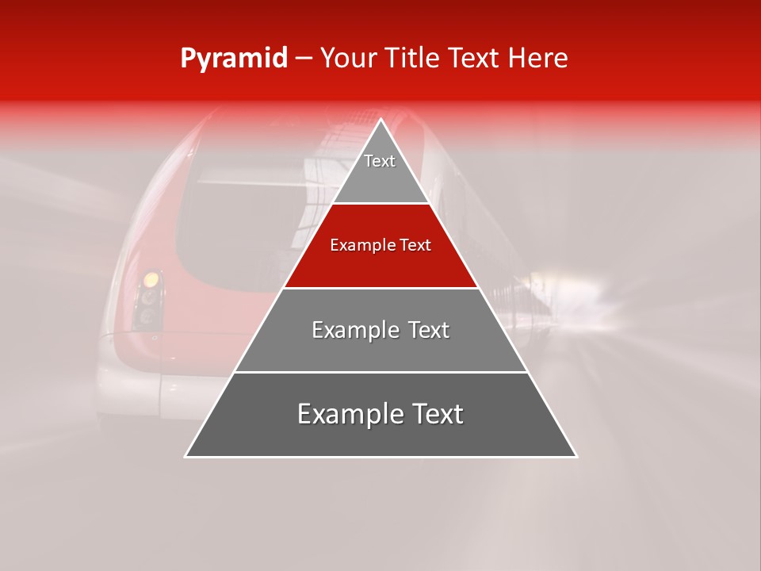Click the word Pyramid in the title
pyautogui.click(x=233, y=59)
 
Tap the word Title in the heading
pyautogui.click(x=413, y=59)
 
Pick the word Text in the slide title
pyautogui.click(x=475, y=59)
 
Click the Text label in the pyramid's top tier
pyautogui.click(x=380, y=162)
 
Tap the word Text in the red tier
pyautogui.click(x=416, y=246)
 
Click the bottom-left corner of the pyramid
pyautogui.click(x=185, y=457)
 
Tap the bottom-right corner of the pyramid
pyautogui.click(x=576, y=457)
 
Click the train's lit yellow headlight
pyautogui.click(x=150, y=280)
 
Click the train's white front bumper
pyautogui.click(x=143, y=389)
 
